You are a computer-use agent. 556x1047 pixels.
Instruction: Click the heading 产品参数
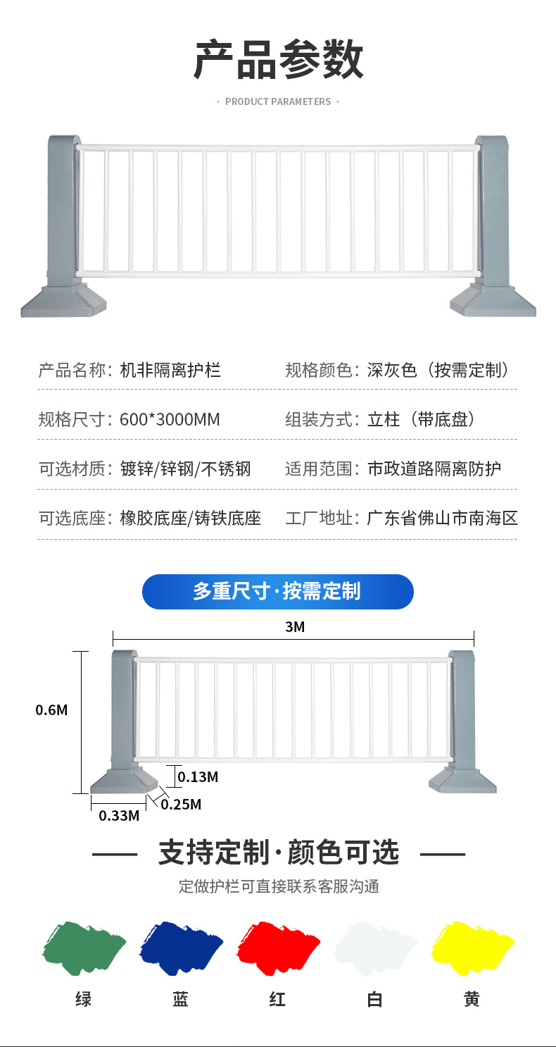(278, 61)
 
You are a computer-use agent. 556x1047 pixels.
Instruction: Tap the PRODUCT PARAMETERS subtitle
(278, 102)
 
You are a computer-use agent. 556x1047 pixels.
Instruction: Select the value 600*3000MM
(170, 420)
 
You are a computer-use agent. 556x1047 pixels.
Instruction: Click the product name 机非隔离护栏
(170, 370)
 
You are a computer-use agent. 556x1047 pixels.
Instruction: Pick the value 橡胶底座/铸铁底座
(191, 519)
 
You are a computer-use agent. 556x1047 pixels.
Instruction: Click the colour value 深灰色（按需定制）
(438, 370)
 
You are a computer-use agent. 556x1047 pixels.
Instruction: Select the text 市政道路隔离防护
(434, 469)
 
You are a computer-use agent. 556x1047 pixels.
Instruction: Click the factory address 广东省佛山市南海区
(442, 519)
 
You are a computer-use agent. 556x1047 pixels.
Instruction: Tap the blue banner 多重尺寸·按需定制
(277, 592)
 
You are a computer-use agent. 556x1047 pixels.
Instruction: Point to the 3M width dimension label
(295, 627)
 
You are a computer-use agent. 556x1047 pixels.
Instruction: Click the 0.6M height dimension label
(52, 710)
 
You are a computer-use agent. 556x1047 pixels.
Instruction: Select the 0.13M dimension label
(198, 777)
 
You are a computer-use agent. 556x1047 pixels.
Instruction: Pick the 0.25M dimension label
(181, 804)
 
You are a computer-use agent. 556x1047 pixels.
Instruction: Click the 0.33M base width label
(119, 816)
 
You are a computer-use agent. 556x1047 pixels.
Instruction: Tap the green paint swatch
(84, 948)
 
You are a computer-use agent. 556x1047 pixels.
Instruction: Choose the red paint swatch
(277, 948)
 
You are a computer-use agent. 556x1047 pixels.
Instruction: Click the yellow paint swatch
(472, 948)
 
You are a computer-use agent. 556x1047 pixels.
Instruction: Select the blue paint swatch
(181, 948)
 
